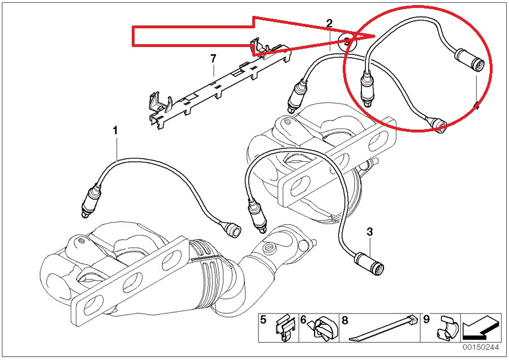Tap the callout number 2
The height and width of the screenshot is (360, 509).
point(329,23)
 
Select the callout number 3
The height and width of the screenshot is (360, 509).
point(369,232)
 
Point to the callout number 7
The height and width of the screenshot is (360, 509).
point(213,58)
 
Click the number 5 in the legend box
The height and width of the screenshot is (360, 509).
point(263,320)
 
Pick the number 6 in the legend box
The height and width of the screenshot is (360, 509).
point(303,320)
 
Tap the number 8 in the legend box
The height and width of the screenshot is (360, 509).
point(344,320)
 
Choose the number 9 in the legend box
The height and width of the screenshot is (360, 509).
point(426,320)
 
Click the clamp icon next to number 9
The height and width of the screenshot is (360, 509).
point(446,328)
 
